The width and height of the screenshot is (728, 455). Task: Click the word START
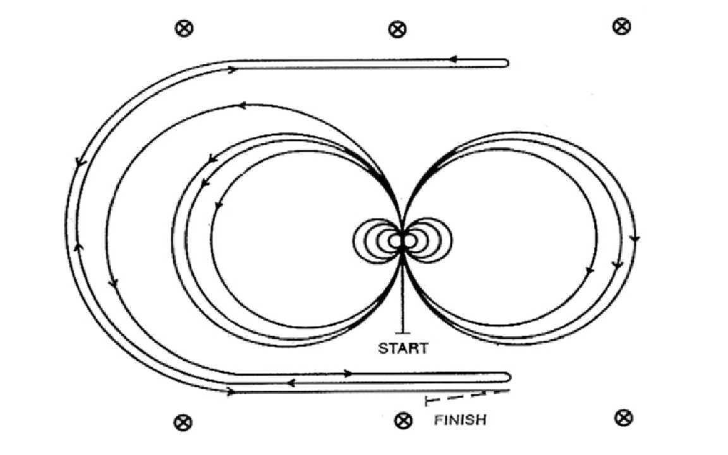[403, 348]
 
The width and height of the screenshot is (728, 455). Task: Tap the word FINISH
[460, 420]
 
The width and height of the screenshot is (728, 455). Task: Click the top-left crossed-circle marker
[184, 28]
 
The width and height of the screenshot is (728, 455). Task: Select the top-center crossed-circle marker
[397, 29]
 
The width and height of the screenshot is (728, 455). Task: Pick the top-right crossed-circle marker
[622, 26]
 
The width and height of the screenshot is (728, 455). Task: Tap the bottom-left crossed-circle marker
[183, 423]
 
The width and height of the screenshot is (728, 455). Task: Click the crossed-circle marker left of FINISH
[403, 421]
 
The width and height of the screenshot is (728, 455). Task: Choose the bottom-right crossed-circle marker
[624, 418]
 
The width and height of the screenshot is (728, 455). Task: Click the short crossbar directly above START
[402, 332]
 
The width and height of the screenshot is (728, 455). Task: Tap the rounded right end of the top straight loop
[507, 63]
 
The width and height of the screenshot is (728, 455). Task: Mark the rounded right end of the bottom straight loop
[508, 377]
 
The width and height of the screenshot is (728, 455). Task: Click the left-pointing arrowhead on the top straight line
[454, 59]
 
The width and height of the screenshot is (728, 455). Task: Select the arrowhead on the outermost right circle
[634, 239]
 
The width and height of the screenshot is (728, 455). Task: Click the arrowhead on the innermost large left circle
[218, 204]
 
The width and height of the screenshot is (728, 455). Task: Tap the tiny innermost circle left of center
[395, 241]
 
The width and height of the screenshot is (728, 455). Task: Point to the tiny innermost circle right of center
[410, 241]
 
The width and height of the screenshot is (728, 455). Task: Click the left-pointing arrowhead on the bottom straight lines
[291, 383]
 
